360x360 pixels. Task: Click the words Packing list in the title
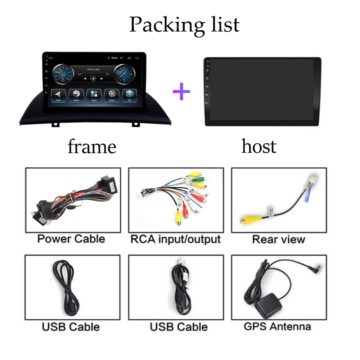tap(184, 24)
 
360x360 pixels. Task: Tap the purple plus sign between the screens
tap(181, 90)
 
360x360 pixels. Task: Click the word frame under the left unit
tap(92, 147)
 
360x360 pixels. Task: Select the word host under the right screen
tap(259, 147)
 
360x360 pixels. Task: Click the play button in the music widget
tap(93, 78)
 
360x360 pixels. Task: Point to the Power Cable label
tap(71, 239)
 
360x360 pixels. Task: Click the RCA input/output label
tap(176, 239)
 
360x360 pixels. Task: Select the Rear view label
tap(279, 239)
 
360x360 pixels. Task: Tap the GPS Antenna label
tap(277, 327)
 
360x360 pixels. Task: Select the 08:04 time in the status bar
tap(114, 58)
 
